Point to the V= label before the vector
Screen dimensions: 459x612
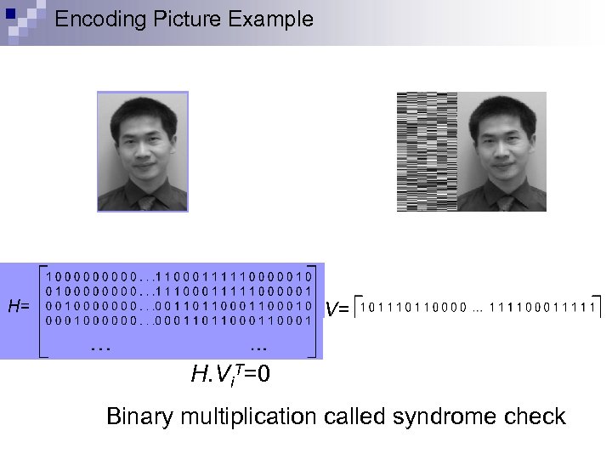tap(337, 309)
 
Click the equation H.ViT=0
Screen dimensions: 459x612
tap(231, 373)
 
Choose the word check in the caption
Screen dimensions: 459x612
tap(537, 416)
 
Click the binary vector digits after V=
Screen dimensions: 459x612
tap(477, 307)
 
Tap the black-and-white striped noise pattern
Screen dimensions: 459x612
tap(427, 151)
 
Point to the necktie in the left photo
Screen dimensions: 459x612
tap(147, 202)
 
